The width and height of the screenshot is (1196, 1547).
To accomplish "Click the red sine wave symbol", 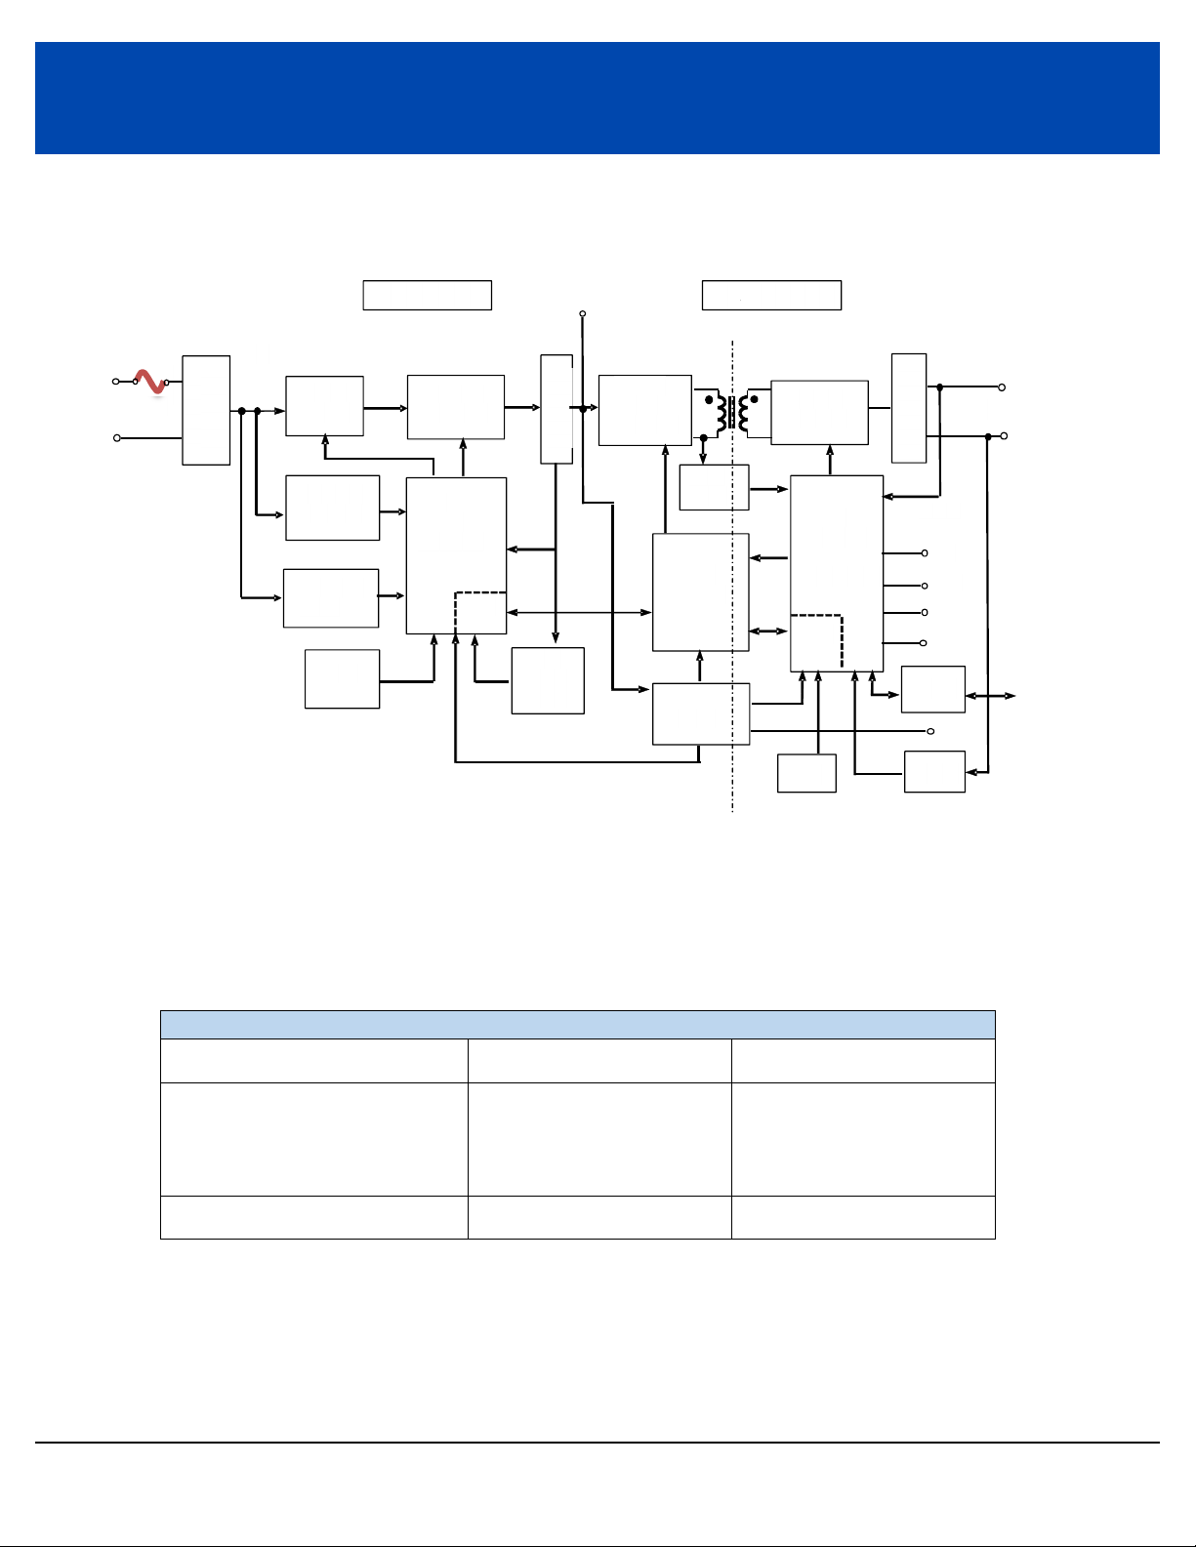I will [x=150, y=382].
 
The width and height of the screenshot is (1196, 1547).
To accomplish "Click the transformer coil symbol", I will [x=732, y=412].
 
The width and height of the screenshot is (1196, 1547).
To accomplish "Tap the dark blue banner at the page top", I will [x=597, y=98].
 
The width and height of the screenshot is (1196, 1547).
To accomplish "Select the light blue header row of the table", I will [x=577, y=1025].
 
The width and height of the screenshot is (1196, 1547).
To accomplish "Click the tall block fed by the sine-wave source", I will [x=206, y=410].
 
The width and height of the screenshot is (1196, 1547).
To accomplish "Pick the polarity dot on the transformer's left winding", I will [x=709, y=399].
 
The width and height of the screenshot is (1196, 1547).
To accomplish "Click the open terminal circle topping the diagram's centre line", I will [x=583, y=314].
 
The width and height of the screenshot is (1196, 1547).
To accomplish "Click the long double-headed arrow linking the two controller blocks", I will [x=579, y=612].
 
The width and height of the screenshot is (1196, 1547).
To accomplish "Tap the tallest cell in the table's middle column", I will [x=598, y=1139].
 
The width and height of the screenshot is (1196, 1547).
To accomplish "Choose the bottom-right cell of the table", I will [x=863, y=1217].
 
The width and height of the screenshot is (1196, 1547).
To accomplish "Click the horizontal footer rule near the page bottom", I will [x=597, y=1443].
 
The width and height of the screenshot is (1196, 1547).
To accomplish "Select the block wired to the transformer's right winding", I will [x=819, y=412].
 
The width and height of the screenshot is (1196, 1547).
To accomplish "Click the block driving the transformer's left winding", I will [x=644, y=410].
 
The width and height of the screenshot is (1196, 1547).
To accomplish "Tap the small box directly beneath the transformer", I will [x=714, y=487].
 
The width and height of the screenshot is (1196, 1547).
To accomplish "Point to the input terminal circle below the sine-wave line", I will [x=117, y=438].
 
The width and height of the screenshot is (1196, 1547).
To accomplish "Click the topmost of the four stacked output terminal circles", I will [x=925, y=553].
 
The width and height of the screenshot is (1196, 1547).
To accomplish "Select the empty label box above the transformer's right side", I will [x=771, y=295].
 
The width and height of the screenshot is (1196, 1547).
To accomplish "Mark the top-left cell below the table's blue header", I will [x=313, y=1061].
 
